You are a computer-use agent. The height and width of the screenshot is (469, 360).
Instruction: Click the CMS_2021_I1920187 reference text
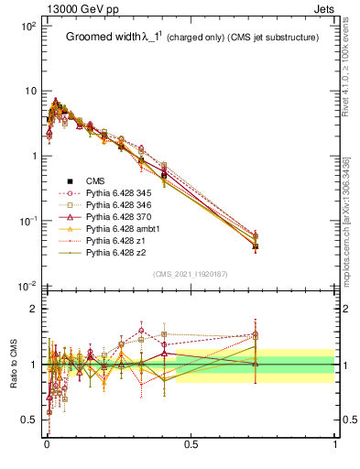click(x=191, y=273)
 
